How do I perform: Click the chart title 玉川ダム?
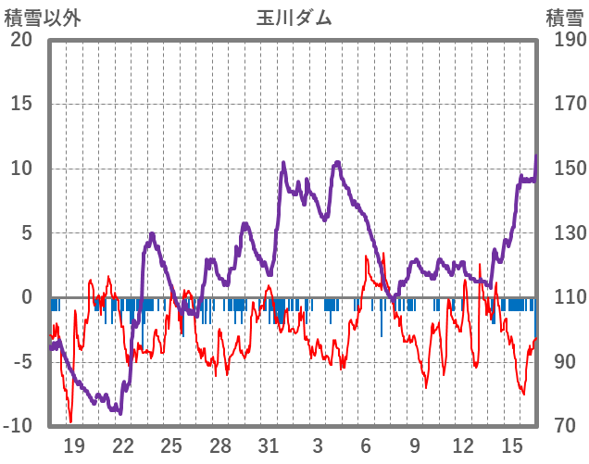(294, 18)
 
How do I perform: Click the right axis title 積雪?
(563, 18)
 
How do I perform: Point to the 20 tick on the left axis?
(20, 40)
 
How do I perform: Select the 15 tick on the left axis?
(20, 104)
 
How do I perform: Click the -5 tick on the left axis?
(20, 362)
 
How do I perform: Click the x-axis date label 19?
(75, 445)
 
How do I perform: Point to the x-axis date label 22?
(123, 445)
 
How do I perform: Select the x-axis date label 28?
(220, 445)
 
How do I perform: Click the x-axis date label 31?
(269, 445)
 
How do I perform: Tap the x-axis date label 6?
(366, 445)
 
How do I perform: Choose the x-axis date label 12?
(463, 445)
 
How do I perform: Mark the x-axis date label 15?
(511, 445)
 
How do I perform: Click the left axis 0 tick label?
(27, 297)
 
